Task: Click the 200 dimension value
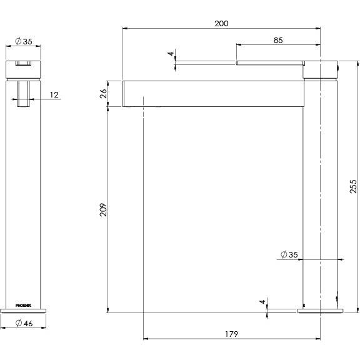click(221, 23)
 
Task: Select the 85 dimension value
click(278, 40)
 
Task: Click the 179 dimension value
click(231, 334)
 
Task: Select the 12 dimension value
click(54, 94)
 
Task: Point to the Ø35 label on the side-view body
click(289, 254)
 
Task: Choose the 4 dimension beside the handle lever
click(170, 54)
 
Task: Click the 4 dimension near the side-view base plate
click(263, 302)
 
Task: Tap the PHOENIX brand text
click(22, 300)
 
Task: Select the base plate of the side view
click(319, 310)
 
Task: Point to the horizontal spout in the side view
click(212, 94)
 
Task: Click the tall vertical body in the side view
click(320, 187)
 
